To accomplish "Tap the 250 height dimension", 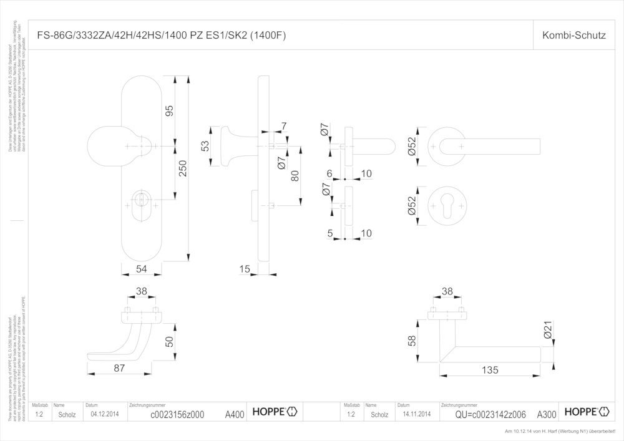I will tap(182, 168).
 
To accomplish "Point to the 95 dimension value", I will tap(168, 111).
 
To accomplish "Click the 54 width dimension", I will tap(141, 269).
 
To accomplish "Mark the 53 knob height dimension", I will tap(205, 147).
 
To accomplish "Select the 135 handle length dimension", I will tap(490, 371).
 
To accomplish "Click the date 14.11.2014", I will tap(416, 414).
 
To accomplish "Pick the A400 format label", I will tap(235, 414).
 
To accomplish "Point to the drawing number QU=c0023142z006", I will tap(490, 414).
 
